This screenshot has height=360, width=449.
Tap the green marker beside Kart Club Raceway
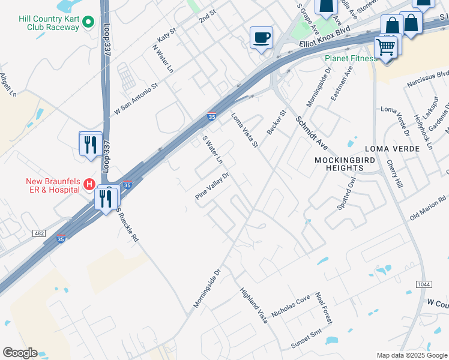click(89, 23)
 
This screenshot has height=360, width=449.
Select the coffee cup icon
click(261, 37)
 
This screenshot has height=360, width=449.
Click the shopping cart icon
click(385, 47)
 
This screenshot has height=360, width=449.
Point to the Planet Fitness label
click(351, 58)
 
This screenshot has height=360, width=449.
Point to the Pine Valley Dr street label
click(212, 187)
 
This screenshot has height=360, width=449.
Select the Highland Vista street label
click(253, 307)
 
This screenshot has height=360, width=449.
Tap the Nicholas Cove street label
click(291, 306)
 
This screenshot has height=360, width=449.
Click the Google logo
click(20, 353)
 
